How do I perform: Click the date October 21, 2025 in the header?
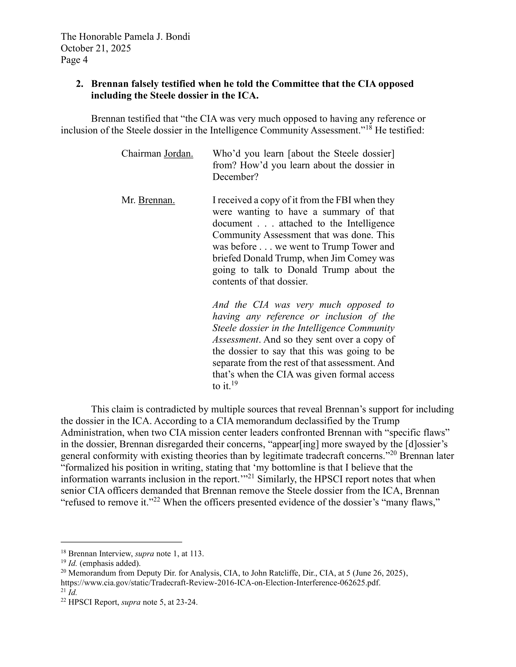click(x=96, y=48)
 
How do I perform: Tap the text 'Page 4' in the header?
click(x=74, y=60)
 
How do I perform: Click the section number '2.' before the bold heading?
click(x=80, y=84)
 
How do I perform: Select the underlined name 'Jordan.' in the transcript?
click(x=178, y=153)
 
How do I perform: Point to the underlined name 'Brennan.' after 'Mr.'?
click(x=157, y=200)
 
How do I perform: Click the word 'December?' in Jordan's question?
click(x=235, y=177)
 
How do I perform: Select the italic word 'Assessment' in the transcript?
click(x=236, y=339)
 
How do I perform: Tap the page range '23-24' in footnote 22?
click(x=186, y=602)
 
